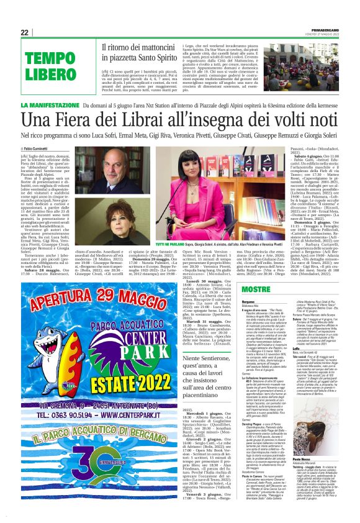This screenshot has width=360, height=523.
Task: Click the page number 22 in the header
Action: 25,32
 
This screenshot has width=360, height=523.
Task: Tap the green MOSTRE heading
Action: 256,289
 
